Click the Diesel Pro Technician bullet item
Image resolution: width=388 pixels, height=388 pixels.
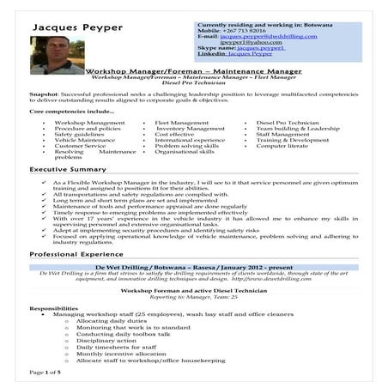tap(287, 123)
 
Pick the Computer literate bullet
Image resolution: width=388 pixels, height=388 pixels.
tap(282, 146)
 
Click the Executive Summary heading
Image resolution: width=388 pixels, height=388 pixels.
tap(68, 170)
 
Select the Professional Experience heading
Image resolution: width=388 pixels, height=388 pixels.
tap(78, 255)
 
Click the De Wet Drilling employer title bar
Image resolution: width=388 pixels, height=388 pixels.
tap(193, 268)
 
